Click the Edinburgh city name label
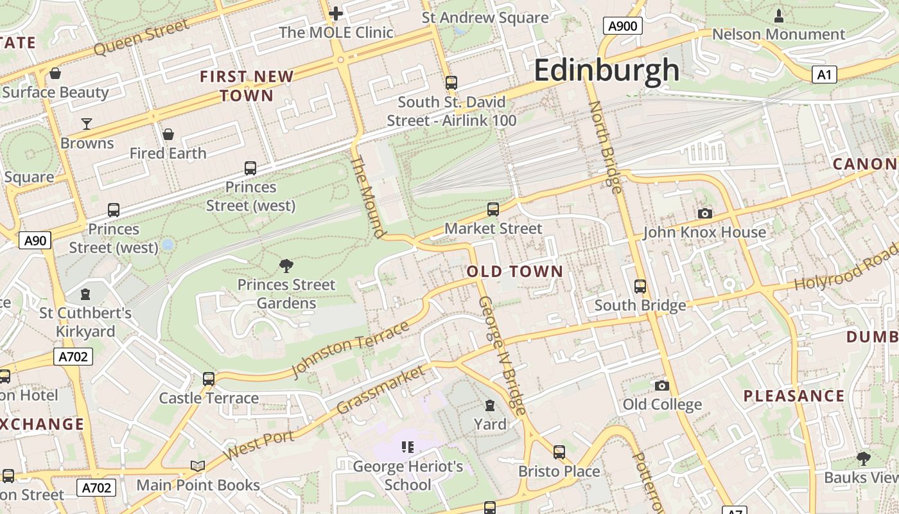pos(606,70)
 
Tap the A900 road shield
pos(622,26)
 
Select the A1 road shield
pos(824,75)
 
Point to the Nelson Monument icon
pos(779,15)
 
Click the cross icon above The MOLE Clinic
pos(335,13)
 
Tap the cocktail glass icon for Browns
pos(87,123)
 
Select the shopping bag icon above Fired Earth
pos(168,134)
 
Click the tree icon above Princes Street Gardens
pos(286,265)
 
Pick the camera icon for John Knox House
pos(704,213)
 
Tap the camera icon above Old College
pos(662,385)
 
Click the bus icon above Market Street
pos(493,209)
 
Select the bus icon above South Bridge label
pos(640,286)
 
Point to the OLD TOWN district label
pos(514,272)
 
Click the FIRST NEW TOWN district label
pos(247,86)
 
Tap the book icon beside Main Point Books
pos(198,466)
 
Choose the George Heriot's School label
pos(408,475)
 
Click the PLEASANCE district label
pos(794,396)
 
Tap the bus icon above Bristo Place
pos(559,452)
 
